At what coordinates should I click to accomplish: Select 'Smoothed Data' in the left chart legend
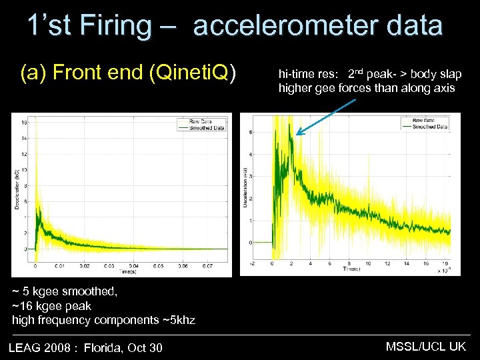(207, 128)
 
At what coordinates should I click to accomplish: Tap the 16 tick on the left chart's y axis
(24, 122)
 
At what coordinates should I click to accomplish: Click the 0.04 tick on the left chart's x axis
(133, 265)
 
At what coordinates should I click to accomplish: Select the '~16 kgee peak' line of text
(52, 305)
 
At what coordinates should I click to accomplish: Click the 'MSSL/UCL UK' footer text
(426, 347)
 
